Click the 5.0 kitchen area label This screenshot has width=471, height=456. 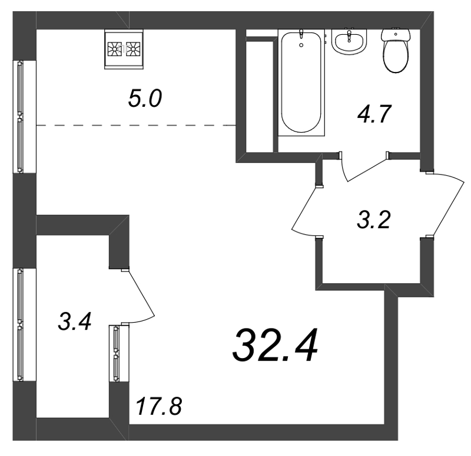point(145,98)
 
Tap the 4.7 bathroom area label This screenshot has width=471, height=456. point(374,114)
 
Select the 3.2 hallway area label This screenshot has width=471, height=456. point(374,219)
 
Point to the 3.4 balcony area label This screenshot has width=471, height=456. point(75,322)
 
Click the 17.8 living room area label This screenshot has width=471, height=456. point(159,406)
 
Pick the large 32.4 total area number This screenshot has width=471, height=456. point(275,345)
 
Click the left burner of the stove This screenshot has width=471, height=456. point(114,49)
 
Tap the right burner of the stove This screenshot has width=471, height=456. point(133,49)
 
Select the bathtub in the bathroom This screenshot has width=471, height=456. point(301,83)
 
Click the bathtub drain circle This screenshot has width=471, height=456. point(301,45)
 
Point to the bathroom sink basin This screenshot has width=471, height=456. point(349,42)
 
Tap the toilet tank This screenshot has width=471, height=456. point(396,35)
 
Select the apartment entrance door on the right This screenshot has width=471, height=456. point(447,205)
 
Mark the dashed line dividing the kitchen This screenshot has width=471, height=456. point(136,125)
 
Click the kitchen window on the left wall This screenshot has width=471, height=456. point(20,117)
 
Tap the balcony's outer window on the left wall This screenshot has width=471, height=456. point(20,325)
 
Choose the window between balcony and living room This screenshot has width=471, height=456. point(116,354)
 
